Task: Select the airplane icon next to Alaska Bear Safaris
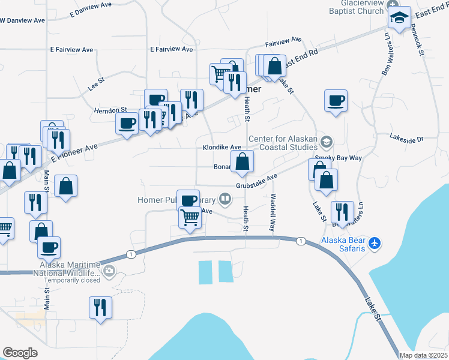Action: tap(375, 243)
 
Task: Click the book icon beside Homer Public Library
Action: tap(225, 198)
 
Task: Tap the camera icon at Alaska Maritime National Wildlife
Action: tap(109, 271)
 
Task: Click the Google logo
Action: tap(20, 353)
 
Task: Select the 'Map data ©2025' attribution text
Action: tap(423, 355)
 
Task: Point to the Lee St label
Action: tap(96, 78)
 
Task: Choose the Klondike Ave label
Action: tap(221, 147)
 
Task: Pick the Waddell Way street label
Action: tap(272, 212)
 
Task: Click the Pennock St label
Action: tap(418, 41)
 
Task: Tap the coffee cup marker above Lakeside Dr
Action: tap(336, 101)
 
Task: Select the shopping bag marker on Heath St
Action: tap(242, 162)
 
